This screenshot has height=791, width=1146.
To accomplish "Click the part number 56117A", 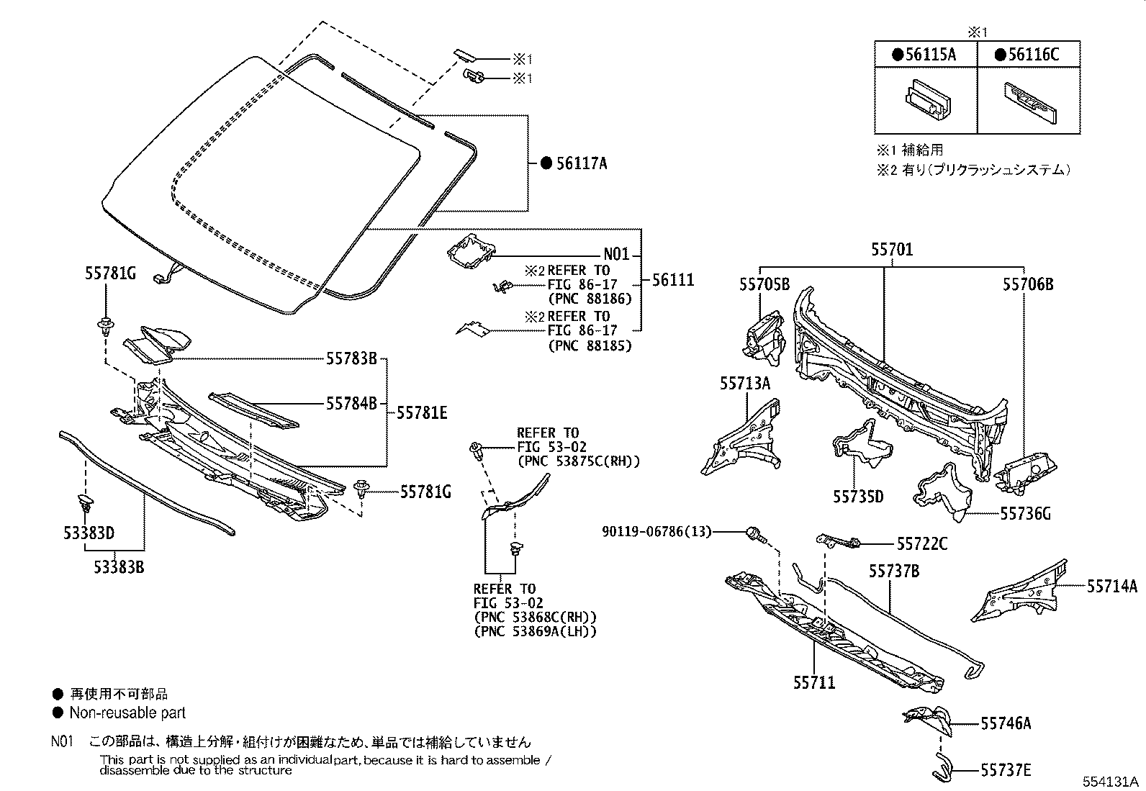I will (582, 163).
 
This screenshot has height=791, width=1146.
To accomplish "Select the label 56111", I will (673, 280).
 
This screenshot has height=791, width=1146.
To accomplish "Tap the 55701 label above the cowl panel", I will (891, 250).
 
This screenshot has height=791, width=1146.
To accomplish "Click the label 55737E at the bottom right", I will (1006, 771).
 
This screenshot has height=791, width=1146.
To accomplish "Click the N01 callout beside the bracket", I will (616, 254).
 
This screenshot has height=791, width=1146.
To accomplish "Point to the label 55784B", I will (351, 404).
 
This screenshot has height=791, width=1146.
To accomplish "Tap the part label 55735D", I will (858, 497).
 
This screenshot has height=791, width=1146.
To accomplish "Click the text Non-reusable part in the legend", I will (127, 713).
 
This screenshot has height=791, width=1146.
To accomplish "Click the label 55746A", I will (1006, 723).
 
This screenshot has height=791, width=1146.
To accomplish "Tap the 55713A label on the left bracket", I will (744, 384).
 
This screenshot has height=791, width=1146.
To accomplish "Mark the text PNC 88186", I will (589, 298).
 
